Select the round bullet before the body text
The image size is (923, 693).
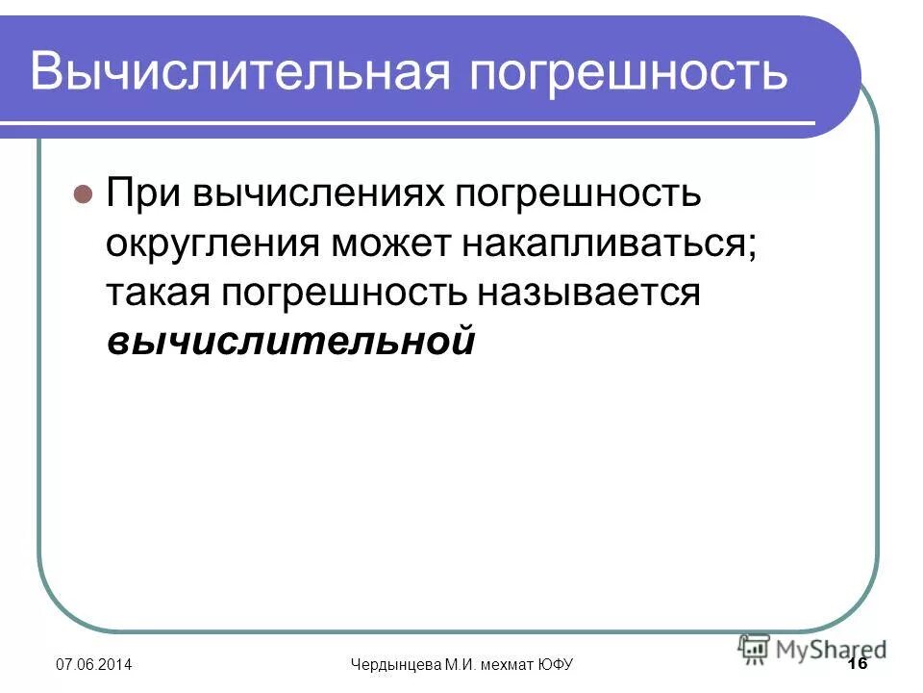coord(83,193)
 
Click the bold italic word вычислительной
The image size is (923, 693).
coord(290,341)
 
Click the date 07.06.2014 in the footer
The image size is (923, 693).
coord(93,666)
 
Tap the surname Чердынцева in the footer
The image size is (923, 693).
coord(393,666)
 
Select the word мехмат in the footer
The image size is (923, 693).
coord(510,666)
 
